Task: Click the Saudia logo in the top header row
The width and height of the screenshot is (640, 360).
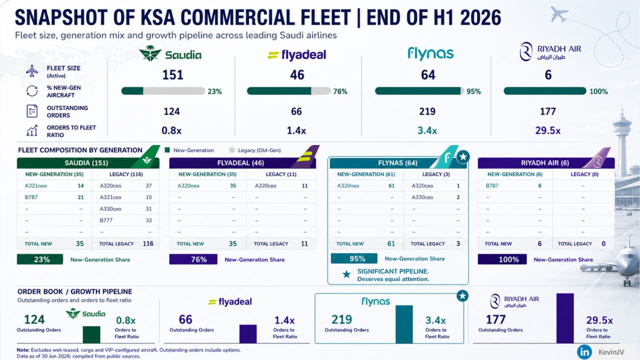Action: click(170, 53)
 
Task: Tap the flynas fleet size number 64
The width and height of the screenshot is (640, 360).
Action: click(428, 75)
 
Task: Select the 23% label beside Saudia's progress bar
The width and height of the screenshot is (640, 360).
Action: click(214, 91)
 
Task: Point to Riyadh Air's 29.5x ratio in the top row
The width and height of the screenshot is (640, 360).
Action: click(547, 130)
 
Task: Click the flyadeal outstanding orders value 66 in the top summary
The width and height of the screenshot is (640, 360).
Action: click(296, 111)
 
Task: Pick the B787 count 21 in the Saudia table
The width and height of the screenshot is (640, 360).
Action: click(81, 197)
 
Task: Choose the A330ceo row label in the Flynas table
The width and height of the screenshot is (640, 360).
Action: click(422, 197)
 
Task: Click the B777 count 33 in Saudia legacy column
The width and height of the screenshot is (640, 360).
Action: click(148, 220)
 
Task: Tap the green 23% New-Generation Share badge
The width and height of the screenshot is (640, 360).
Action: click(40, 259)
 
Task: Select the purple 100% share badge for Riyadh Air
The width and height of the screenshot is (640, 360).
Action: click(502, 259)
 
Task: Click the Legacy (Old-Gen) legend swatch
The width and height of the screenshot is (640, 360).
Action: click(232, 150)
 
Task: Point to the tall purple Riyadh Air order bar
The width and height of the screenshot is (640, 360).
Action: click(565, 318)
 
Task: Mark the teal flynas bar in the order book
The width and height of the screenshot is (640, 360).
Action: click(404, 324)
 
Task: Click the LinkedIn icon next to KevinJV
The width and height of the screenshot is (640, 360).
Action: click(584, 351)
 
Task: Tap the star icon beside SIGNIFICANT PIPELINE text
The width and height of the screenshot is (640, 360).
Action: click(346, 274)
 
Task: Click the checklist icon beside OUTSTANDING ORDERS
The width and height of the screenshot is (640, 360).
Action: click(32, 111)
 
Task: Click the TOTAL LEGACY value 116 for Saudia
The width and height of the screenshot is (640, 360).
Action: click(148, 243)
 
